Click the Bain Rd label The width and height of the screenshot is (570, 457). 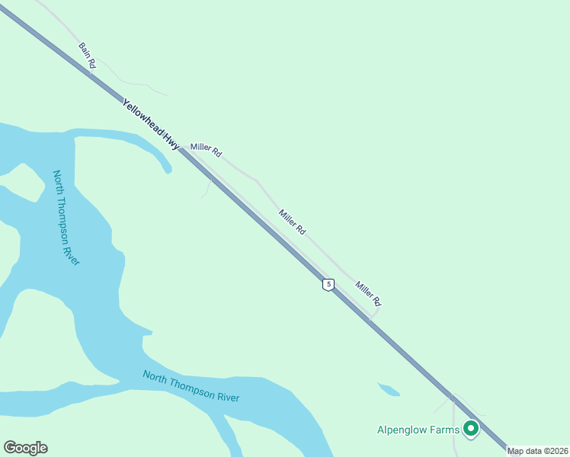pos(87,56)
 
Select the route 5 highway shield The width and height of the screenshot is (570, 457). pos(328,284)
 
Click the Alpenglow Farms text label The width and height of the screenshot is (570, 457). pos(418,430)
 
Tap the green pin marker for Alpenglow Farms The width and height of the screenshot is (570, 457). pos(471,430)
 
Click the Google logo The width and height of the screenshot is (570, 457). pos(25,448)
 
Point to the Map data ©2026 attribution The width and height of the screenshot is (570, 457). pos(537,451)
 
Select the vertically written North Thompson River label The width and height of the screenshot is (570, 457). pos(66,218)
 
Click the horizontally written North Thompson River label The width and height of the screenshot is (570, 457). pos(191,386)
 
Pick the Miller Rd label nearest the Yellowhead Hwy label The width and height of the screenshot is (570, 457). pos(206,150)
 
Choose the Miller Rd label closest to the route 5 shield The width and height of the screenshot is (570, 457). pos(367,293)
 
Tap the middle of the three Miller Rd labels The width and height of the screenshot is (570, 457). pos(292,222)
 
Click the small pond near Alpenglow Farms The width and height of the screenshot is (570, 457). pos(389,390)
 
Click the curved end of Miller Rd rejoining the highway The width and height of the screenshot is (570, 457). pos(375,313)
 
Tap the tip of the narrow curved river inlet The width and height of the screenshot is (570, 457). pos(168,171)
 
